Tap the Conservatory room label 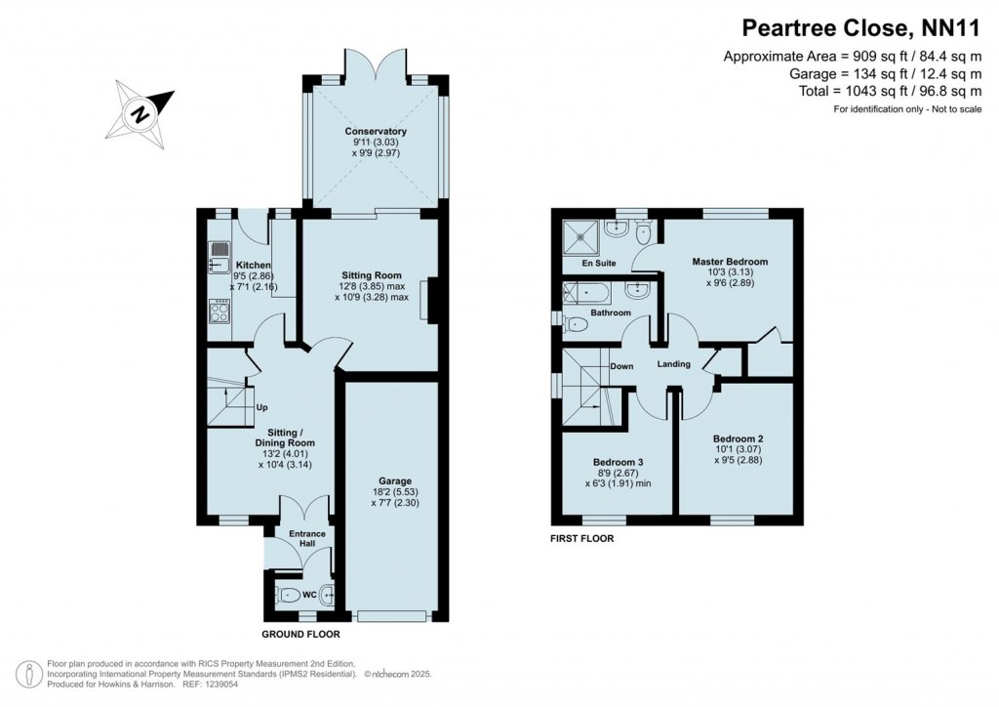pyautogui.click(x=376, y=132)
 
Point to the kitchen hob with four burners pyautogui.click(x=219, y=312)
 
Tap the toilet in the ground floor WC pyautogui.click(x=288, y=595)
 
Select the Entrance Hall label pyautogui.click(x=306, y=538)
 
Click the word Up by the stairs pyautogui.click(x=261, y=407)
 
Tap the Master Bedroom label pyautogui.click(x=730, y=262)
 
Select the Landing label pyautogui.click(x=673, y=364)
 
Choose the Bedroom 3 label pyautogui.click(x=618, y=462)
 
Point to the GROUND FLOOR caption pyautogui.click(x=302, y=634)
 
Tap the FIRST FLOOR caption pyautogui.click(x=583, y=537)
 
